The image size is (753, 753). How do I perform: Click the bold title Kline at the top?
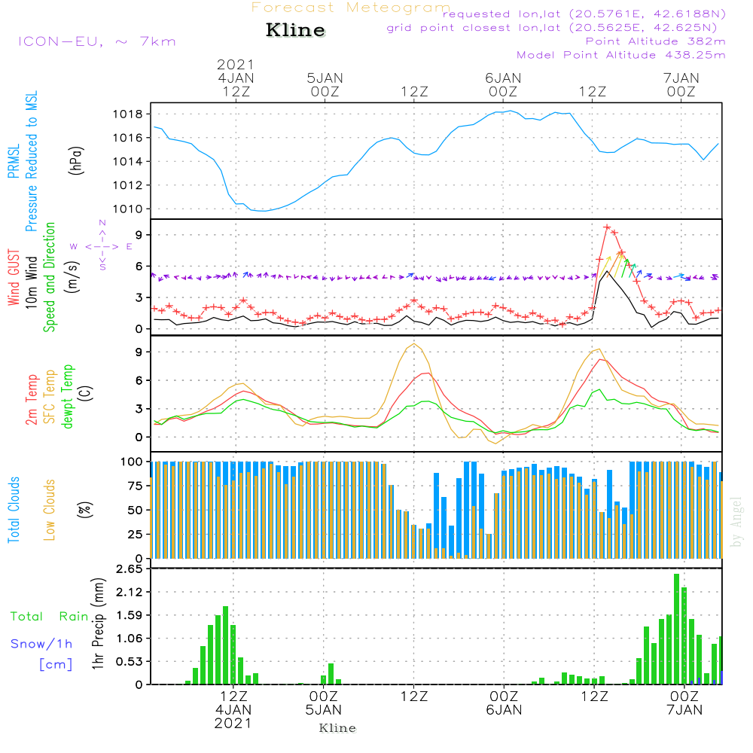(x=295, y=31)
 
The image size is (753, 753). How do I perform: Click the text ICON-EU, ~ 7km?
(x=96, y=41)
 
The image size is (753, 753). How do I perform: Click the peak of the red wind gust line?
(x=607, y=227)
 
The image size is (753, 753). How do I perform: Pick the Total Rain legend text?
(x=49, y=617)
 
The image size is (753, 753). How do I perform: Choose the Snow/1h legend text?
(x=41, y=644)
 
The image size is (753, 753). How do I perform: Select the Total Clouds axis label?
(x=14, y=510)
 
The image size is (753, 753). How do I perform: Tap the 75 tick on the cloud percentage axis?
(x=136, y=486)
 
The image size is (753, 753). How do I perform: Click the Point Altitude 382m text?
(x=655, y=41)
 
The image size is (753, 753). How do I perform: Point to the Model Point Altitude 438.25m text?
(x=620, y=55)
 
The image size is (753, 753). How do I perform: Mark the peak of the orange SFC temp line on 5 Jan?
(x=414, y=344)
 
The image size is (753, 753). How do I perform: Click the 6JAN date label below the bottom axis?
(x=504, y=710)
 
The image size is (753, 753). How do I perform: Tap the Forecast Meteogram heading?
(x=351, y=8)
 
